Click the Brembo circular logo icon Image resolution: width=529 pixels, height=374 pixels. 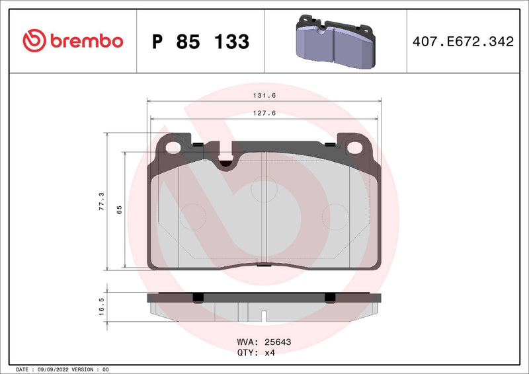34,41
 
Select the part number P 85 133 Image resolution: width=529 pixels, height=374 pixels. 200,42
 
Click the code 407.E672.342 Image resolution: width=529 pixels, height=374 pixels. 463,42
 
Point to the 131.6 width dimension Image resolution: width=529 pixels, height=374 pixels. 264,95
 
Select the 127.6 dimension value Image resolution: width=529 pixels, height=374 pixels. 264,113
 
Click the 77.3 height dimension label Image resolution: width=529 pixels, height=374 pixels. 101,200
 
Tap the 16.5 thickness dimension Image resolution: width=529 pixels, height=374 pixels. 101,305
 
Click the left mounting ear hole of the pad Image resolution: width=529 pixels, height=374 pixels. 174,147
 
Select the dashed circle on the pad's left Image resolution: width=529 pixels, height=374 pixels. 192,216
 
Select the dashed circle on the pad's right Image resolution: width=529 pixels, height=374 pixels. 335,216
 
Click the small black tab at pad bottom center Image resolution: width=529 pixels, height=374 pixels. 263,266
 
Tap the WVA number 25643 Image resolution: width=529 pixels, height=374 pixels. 278,342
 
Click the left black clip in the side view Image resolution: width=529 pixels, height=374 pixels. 196,297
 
